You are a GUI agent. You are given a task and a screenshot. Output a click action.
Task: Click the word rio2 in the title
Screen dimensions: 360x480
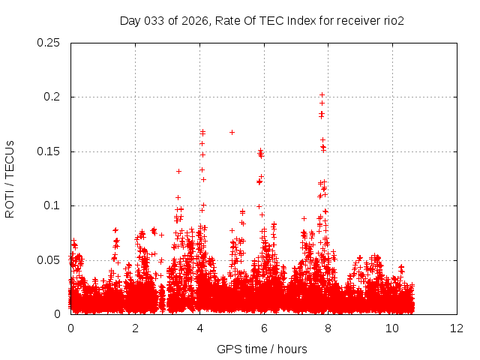click(x=393, y=21)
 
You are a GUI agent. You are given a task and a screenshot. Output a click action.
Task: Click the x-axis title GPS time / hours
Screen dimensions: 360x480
click(x=262, y=349)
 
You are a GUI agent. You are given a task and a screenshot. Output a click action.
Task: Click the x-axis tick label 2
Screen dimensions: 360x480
click(x=135, y=328)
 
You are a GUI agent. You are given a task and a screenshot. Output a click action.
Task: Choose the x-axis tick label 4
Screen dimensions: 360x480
click(x=199, y=328)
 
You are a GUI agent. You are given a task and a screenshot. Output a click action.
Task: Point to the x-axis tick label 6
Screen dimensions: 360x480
click(x=264, y=328)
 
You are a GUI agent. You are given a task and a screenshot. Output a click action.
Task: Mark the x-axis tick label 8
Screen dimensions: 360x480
click(x=328, y=328)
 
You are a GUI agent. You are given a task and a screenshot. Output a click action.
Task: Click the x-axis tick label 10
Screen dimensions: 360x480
click(x=393, y=328)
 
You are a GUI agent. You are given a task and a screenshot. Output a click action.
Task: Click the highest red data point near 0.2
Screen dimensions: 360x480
click(x=322, y=95)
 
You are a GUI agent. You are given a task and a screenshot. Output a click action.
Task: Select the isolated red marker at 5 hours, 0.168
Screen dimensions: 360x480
click(x=232, y=132)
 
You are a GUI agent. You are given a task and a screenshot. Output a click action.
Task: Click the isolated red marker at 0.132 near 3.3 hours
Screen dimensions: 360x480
click(x=178, y=171)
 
